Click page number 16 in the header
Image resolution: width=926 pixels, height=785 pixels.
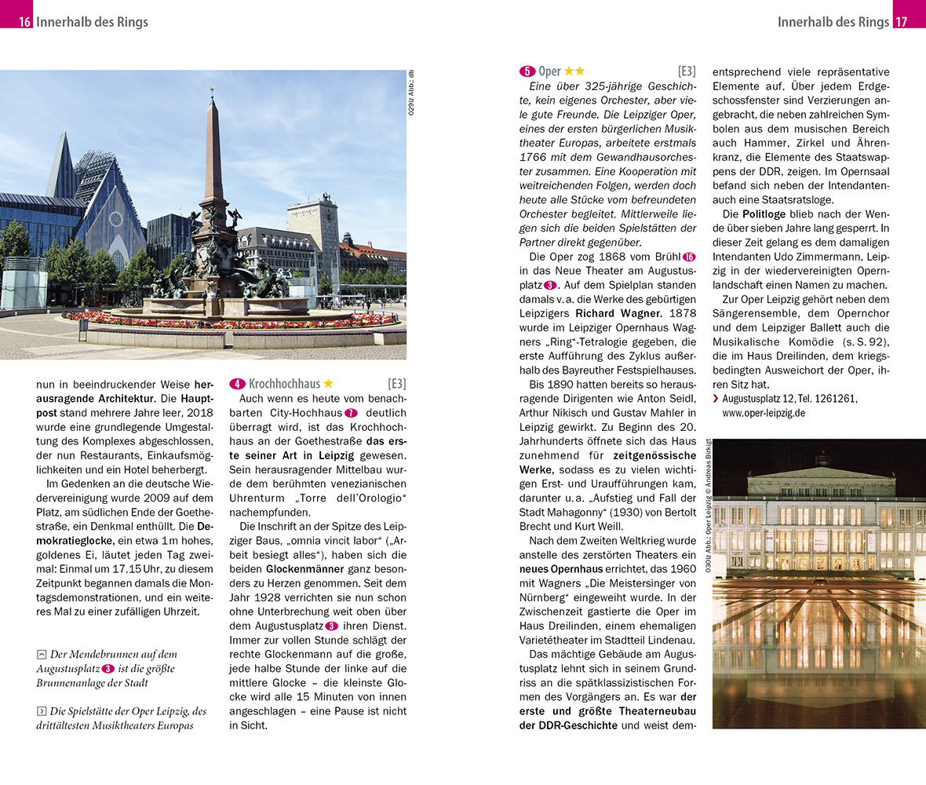pyautogui.click(x=25, y=21)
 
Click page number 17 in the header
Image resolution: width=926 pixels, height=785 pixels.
pyautogui.click(x=902, y=21)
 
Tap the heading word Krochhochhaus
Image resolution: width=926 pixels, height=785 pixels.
pyautogui.click(x=284, y=384)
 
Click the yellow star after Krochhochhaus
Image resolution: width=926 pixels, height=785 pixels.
pyautogui.click(x=328, y=384)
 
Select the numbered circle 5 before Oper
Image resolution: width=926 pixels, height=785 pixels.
pyautogui.click(x=527, y=71)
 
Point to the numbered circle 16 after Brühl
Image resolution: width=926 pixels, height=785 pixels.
pyautogui.click(x=689, y=257)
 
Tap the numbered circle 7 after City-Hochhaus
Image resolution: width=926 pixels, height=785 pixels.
pyautogui.click(x=351, y=413)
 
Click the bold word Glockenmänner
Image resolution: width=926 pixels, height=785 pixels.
pyautogui.click(x=304, y=568)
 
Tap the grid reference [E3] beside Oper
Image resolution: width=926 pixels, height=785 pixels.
pyautogui.click(x=687, y=71)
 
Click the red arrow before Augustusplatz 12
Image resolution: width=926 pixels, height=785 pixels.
pyautogui.click(x=716, y=400)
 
